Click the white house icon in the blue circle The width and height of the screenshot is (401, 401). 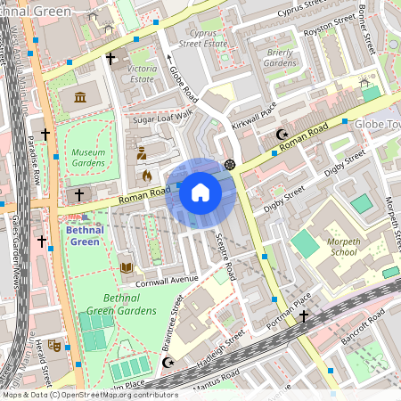tap(200, 192)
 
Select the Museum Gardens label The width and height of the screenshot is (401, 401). tap(88, 158)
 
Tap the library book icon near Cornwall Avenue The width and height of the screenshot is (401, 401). tap(127, 266)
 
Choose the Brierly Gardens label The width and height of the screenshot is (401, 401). tap(280, 58)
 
